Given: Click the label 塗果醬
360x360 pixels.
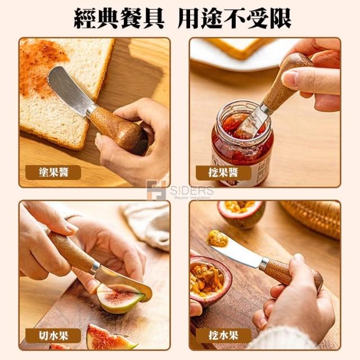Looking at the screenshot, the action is (x=53, y=172).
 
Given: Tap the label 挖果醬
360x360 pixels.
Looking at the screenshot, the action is (x=223, y=172).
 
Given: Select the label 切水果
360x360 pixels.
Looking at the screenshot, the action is (x=53, y=336).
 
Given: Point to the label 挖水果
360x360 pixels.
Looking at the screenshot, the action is (x=223, y=336).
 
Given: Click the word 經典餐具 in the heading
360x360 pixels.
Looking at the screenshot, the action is (x=119, y=19).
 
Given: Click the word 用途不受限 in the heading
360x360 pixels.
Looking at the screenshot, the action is (x=235, y=19).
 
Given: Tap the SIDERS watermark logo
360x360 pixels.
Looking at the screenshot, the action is (x=180, y=191).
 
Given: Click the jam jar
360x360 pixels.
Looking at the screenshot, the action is (x=242, y=142).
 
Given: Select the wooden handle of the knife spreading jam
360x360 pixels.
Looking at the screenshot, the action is (x=118, y=130).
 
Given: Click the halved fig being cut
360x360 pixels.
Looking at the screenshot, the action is (x=119, y=299).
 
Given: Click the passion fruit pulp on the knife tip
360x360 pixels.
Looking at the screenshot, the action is (x=217, y=238).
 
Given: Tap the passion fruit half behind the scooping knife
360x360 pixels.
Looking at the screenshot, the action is (x=241, y=214).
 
